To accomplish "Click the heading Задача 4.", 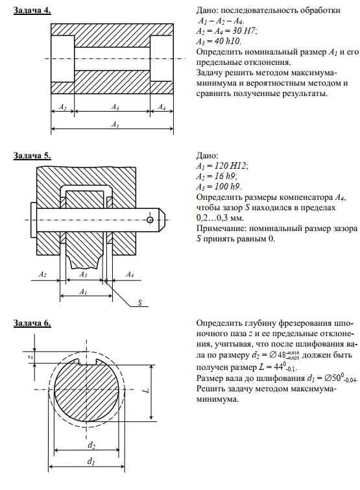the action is click(32, 10).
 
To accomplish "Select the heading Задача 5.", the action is click(32, 156).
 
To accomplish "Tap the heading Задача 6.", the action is click(32, 323).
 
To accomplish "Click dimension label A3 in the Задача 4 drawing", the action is click(115, 107).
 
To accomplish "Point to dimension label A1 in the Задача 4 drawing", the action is click(115, 125).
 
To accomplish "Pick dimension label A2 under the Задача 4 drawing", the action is click(63, 107).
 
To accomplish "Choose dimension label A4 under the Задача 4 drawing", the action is click(162, 107).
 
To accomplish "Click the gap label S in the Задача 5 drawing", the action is click(140, 303).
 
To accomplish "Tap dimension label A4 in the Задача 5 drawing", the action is click(130, 275).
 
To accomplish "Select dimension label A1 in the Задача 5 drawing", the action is click(83, 292).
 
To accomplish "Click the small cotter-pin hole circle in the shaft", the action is click(150, 219).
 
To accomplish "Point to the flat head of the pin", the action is click(34, 220).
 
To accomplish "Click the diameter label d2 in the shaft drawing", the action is click(91, 445).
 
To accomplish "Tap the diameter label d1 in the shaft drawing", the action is click(91, 461).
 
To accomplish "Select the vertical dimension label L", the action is click(148, 390).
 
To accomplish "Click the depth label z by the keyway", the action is click(30, 357).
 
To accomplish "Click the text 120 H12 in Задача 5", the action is click(230, 165).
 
